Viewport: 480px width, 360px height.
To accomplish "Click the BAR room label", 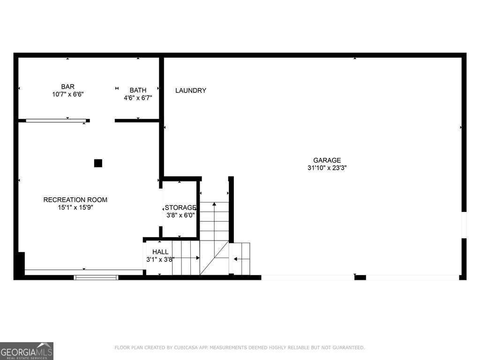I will [67, 87].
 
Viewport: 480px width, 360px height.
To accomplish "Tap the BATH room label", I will [138, 90].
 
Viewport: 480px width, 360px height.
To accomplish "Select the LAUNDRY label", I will [191, 90].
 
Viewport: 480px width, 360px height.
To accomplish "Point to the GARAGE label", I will [327, 160].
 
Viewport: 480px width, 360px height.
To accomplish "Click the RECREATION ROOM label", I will [75, 200].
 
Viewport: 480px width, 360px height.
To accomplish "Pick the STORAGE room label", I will [180, 208].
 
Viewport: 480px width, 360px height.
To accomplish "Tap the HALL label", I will [160, 252].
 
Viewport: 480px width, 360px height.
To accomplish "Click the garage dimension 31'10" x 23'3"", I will [327, 168].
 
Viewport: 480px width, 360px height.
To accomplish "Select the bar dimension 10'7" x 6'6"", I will [68, 94].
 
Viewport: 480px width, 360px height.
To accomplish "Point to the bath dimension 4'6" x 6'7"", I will [138, 98].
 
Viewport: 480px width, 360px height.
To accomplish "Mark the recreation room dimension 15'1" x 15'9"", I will [75, 207].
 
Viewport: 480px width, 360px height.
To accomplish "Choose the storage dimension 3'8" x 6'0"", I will [180, 215].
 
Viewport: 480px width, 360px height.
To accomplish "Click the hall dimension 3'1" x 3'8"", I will [160, 259].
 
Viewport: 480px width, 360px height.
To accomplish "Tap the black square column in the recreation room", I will [98, 163].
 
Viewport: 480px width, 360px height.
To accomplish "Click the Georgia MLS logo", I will [27, 351].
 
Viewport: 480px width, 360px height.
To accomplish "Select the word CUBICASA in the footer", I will [184, 348].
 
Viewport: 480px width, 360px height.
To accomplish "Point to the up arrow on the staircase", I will [214, 204].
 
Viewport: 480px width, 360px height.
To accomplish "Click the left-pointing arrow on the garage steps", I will [236, 259].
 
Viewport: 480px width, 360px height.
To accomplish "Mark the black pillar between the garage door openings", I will [360, 277].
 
